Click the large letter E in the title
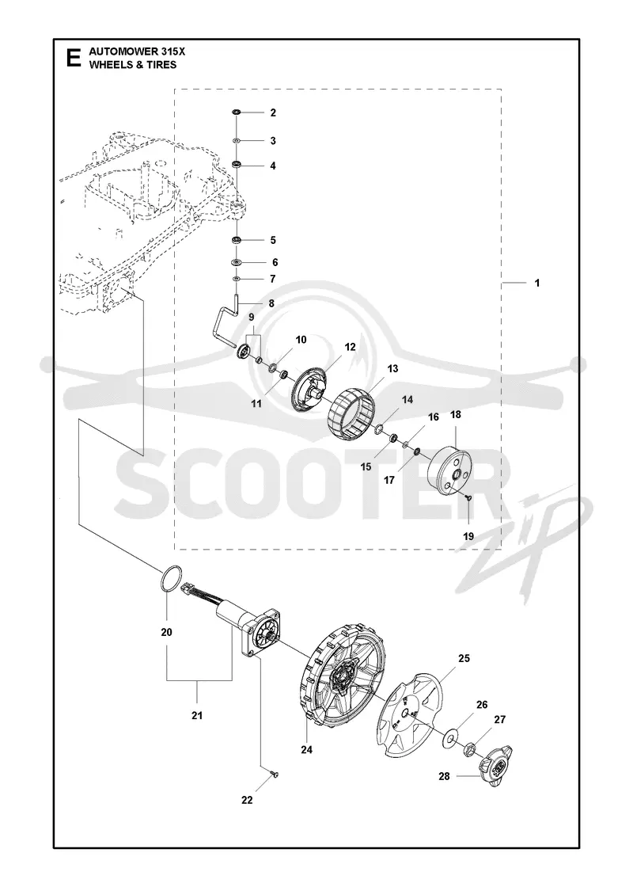[73, 58]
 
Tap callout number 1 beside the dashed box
[537, 282]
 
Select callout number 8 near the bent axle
[271, 304]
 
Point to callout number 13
[392, 368]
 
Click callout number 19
[468, 536]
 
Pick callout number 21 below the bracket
[197, 716]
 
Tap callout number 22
[247, 800]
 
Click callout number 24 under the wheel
[306, 749]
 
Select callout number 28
[444, 776]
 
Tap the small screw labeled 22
[275, 774]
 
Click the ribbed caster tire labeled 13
[351, 411]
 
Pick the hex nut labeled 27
[468, 750]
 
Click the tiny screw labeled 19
[468, 497]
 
